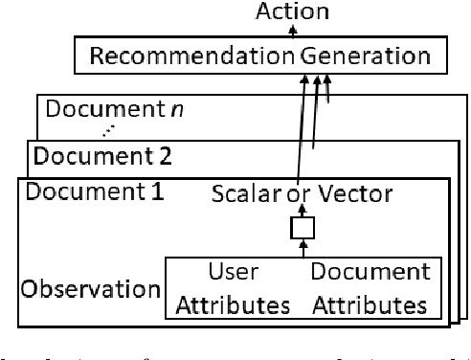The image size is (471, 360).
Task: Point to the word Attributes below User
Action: point(234,305)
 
